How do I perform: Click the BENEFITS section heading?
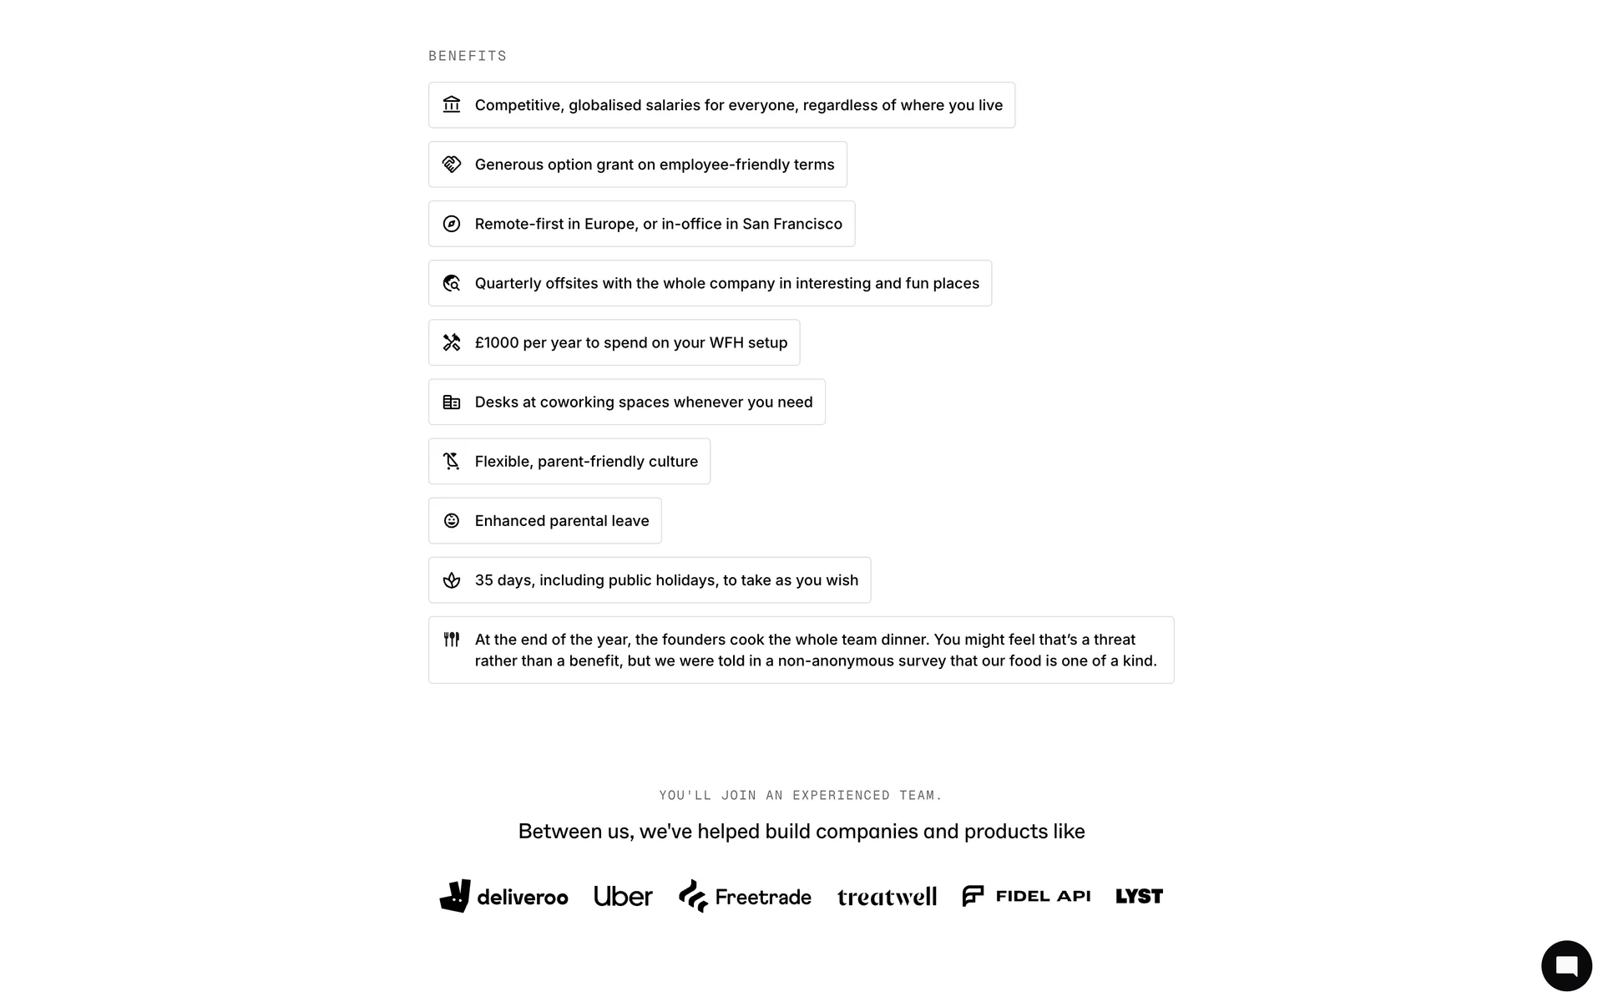468,56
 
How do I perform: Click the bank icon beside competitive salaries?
452,104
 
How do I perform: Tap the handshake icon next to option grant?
452,164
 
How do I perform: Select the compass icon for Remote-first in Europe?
452,224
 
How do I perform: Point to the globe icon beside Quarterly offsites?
452,283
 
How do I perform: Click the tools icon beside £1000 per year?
452,342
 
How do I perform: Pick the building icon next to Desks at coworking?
452,402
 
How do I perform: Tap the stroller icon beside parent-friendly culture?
452,461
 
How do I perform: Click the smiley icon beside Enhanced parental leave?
452,521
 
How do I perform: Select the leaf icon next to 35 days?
452,580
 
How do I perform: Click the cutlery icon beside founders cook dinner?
452,640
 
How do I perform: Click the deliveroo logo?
503,896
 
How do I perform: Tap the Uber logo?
623,896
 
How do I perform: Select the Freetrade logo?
745,896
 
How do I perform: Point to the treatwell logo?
887,897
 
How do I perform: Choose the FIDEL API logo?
1026,896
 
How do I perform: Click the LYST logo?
1139,896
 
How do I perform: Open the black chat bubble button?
1566,965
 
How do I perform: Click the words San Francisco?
792,224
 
